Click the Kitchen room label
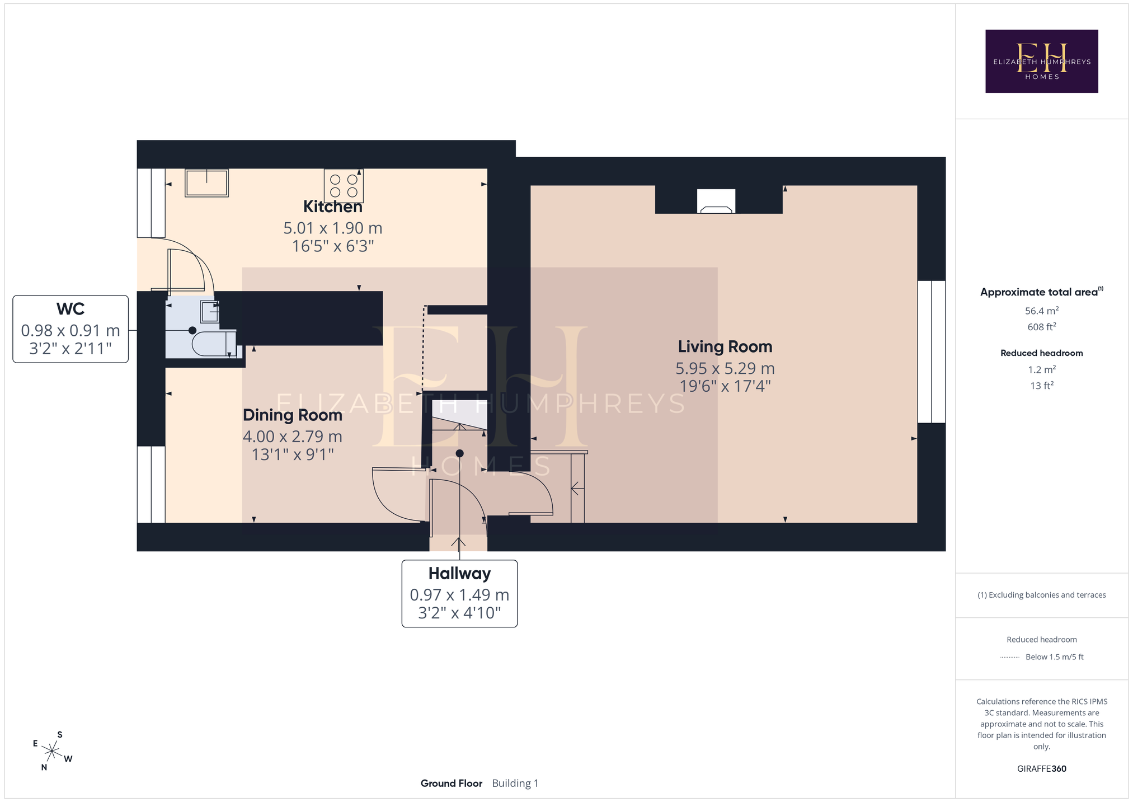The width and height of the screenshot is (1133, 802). point(333,207)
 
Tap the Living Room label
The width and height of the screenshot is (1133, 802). point(725,347)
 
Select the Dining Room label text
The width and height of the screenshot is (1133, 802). point(293,415)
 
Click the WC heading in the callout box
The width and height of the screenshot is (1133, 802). point(70,309)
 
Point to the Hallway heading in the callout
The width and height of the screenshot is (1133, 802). point(459,574)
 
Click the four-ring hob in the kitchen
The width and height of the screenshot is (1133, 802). point(344,186)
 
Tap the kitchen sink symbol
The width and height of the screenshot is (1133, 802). point(207,183)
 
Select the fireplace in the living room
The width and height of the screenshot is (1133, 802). point(716,201)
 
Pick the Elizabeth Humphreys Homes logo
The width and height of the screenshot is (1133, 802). point(1041,62)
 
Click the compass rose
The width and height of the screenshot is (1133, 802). point(52,751)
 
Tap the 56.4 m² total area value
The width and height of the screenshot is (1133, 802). point(1041,311)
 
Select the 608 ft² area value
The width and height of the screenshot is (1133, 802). point(1041,327)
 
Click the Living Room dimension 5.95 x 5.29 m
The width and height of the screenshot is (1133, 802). point(725,369)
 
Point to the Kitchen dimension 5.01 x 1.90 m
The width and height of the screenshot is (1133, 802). point(333,228)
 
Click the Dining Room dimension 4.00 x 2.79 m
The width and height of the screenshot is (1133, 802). point(293,437)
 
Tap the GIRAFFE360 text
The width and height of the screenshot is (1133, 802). point(1041,769)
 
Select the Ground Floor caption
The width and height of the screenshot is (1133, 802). point(452,784)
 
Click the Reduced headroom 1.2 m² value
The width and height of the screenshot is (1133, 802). point(1041,370)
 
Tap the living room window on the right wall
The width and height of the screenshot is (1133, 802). point(932,351)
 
